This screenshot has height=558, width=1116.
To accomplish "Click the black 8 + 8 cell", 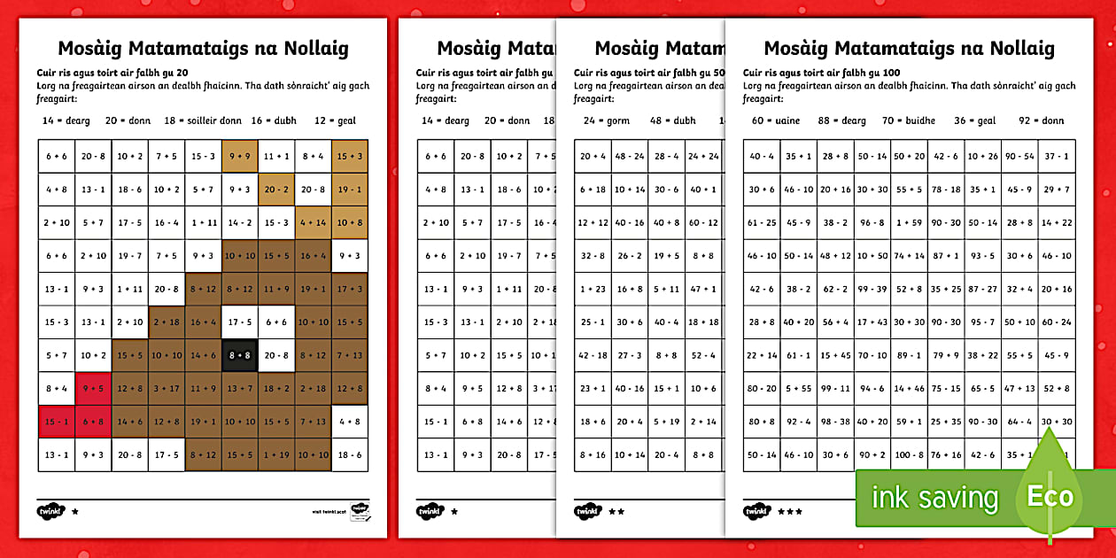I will tap(239, 355).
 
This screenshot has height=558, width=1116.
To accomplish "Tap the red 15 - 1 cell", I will tap(56, 422).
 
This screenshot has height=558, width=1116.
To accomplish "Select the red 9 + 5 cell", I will tap(92, 388).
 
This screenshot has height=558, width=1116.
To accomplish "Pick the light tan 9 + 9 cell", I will tap(239, 156).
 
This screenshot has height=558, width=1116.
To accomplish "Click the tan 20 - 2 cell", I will tap(276, 189).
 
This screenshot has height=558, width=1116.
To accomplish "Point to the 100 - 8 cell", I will tap(909, 455).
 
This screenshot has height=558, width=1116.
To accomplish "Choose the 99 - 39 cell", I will tap(872, 289).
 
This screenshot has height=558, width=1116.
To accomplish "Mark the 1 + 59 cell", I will tap(909, 222).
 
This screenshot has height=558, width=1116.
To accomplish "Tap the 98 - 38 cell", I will tap(835, 422).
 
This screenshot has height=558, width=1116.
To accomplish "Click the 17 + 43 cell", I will tap(872, 322).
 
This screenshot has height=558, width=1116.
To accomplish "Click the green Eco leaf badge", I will tap(1050, 496).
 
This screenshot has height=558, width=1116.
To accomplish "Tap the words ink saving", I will tap(934, 498).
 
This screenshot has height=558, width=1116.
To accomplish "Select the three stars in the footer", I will tap(790, 511).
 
